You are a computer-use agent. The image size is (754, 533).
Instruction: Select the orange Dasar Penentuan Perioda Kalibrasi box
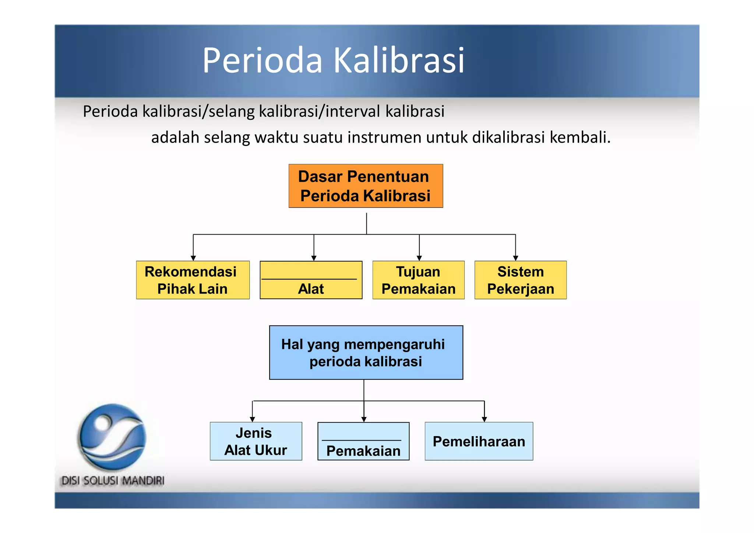point(366,186)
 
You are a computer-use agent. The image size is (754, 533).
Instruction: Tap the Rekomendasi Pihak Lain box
point(193,280)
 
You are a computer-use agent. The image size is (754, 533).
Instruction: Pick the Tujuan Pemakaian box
point(418,280)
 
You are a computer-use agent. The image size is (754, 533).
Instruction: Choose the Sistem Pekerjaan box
point(520,280)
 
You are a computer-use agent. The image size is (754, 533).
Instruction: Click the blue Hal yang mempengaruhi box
point(366,353)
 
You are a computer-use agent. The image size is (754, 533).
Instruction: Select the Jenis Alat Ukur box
point(256,441)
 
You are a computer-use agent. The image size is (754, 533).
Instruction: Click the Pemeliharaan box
point(479,441)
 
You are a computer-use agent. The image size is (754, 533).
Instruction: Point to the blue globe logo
point(112,436)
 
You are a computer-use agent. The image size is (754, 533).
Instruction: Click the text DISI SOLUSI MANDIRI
point(113,481)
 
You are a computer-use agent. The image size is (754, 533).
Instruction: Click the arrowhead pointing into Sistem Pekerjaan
point(515,258)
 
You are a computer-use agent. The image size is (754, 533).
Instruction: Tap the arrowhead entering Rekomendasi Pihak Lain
point(193,258)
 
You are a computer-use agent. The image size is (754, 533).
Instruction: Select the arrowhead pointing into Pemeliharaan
point(484,419)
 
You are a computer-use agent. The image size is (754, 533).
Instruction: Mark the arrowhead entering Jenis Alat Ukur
point(252,419)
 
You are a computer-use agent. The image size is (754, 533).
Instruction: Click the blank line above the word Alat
point(309,279)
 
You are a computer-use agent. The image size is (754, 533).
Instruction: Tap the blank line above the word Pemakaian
point(361,440)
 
